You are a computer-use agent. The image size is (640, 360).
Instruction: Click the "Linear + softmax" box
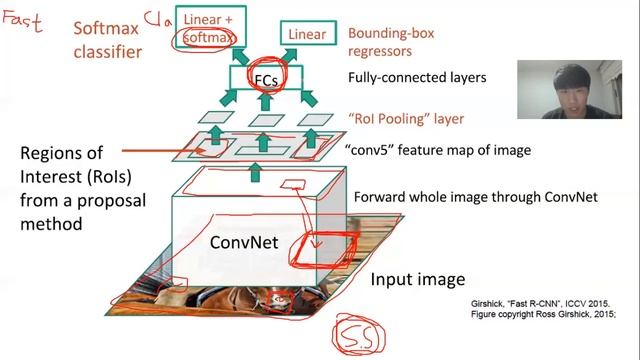tap(207, 27)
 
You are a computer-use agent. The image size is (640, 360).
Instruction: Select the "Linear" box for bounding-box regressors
tap(307, 34)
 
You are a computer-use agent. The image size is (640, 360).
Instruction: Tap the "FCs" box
tap(264, 78)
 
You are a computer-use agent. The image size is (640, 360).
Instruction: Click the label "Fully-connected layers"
tap(417, 77)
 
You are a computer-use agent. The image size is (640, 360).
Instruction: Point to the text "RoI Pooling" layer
tap(406, 119)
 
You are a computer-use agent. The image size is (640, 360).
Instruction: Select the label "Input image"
tap(418, 279)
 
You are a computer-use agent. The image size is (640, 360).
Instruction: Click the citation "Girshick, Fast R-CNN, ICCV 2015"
tap(540, 303)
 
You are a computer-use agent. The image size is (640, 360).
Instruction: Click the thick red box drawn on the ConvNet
tap(322, 249)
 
